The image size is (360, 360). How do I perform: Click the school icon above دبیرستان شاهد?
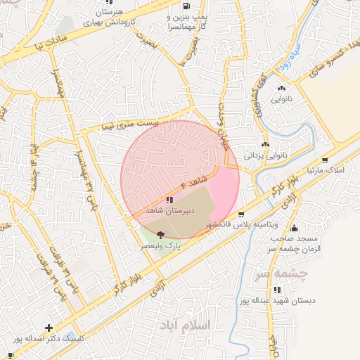[x=169, y=200]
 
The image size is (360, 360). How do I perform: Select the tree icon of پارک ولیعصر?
[x=161, y=235]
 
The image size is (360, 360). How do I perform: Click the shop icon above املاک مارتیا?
[x=324, y=161]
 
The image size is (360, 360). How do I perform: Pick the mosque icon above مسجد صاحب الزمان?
[x=293, y=228]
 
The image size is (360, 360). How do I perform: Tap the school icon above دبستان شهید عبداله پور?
[x=277, y=290]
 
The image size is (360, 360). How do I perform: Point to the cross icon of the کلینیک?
[x=49, y=328]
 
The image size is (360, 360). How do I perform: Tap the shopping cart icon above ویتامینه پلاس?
[x=241, y=214]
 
